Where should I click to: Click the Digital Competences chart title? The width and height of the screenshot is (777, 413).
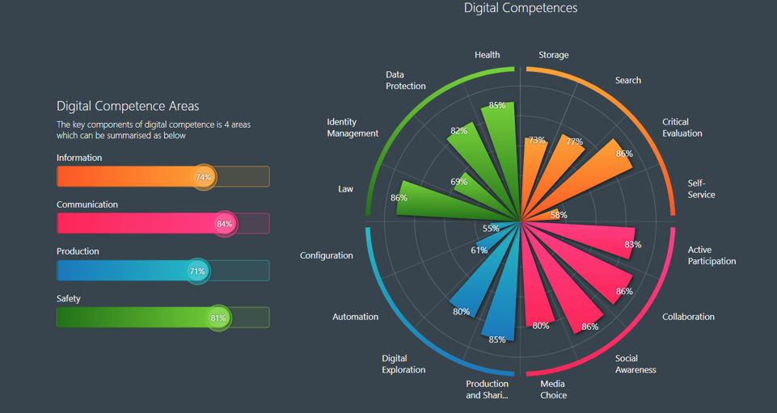[x=520, y=8]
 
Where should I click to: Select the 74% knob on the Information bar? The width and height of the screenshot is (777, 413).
[x=204, y=177]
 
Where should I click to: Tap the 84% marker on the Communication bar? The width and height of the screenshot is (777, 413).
[x=225, y=224]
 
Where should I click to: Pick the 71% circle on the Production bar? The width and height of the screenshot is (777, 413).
[x=197, y=272]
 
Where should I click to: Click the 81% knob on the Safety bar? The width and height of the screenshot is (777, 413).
[x=218, y=318]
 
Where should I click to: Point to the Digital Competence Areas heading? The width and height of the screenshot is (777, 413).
[x=128, y=106]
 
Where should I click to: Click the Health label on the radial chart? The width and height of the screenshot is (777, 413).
[x=487, y=55]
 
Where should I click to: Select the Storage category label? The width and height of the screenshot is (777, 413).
[x=553, y=55]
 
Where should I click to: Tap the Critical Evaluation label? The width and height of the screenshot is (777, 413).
[x=682, y=128]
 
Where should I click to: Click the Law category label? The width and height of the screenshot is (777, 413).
[x=345, y=189]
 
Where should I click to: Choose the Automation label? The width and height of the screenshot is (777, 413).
[x=355, y=317]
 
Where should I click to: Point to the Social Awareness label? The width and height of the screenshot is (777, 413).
[x=635, y=364]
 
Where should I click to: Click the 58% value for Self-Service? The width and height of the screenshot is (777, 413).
[x=559, y=215]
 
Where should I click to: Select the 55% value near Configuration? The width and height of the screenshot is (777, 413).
[x=491, y=229]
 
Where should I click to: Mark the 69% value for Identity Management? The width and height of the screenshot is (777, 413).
[x=458, y=182]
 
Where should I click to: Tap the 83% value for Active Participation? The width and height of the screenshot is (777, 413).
[x=632, y=245]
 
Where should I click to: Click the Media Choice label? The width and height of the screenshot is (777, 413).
[x=553, y=390]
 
